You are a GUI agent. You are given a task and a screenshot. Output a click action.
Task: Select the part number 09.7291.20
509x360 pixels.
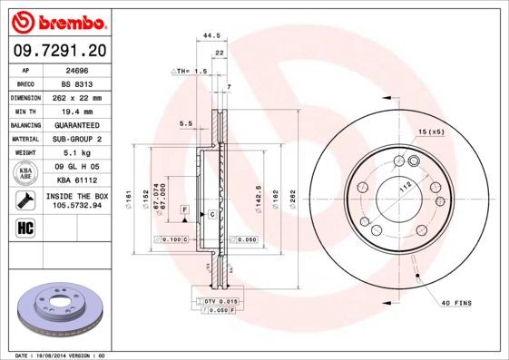click(x=57, y=51)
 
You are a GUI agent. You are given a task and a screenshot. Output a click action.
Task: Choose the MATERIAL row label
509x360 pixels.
click(x=24, y=139)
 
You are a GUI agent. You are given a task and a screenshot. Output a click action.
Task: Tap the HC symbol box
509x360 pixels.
click(x=25, y=226)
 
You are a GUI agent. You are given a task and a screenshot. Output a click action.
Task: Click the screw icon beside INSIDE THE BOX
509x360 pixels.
click(x=25, y=199)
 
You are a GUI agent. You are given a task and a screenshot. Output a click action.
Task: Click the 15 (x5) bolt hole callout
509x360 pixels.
click(x=431, y=133)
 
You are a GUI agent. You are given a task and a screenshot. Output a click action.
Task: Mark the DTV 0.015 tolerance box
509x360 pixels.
click(x=219, y=300)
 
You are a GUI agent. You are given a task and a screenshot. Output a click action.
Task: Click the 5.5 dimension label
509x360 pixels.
click(x=185, y=122)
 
